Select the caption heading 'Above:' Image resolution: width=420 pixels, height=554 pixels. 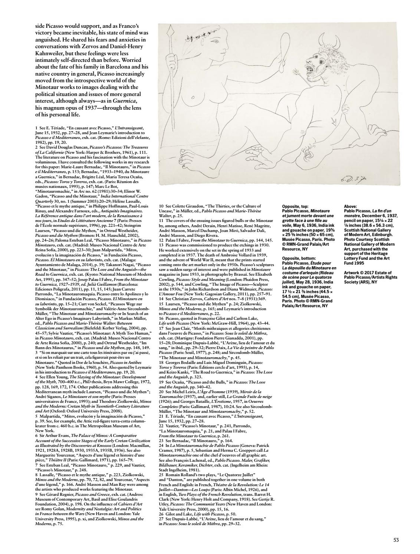click(x=351, y=206)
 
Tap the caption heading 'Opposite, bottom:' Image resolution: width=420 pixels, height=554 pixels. click(x=298, y=258)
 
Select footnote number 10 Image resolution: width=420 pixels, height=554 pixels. click(x=161, y=206)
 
